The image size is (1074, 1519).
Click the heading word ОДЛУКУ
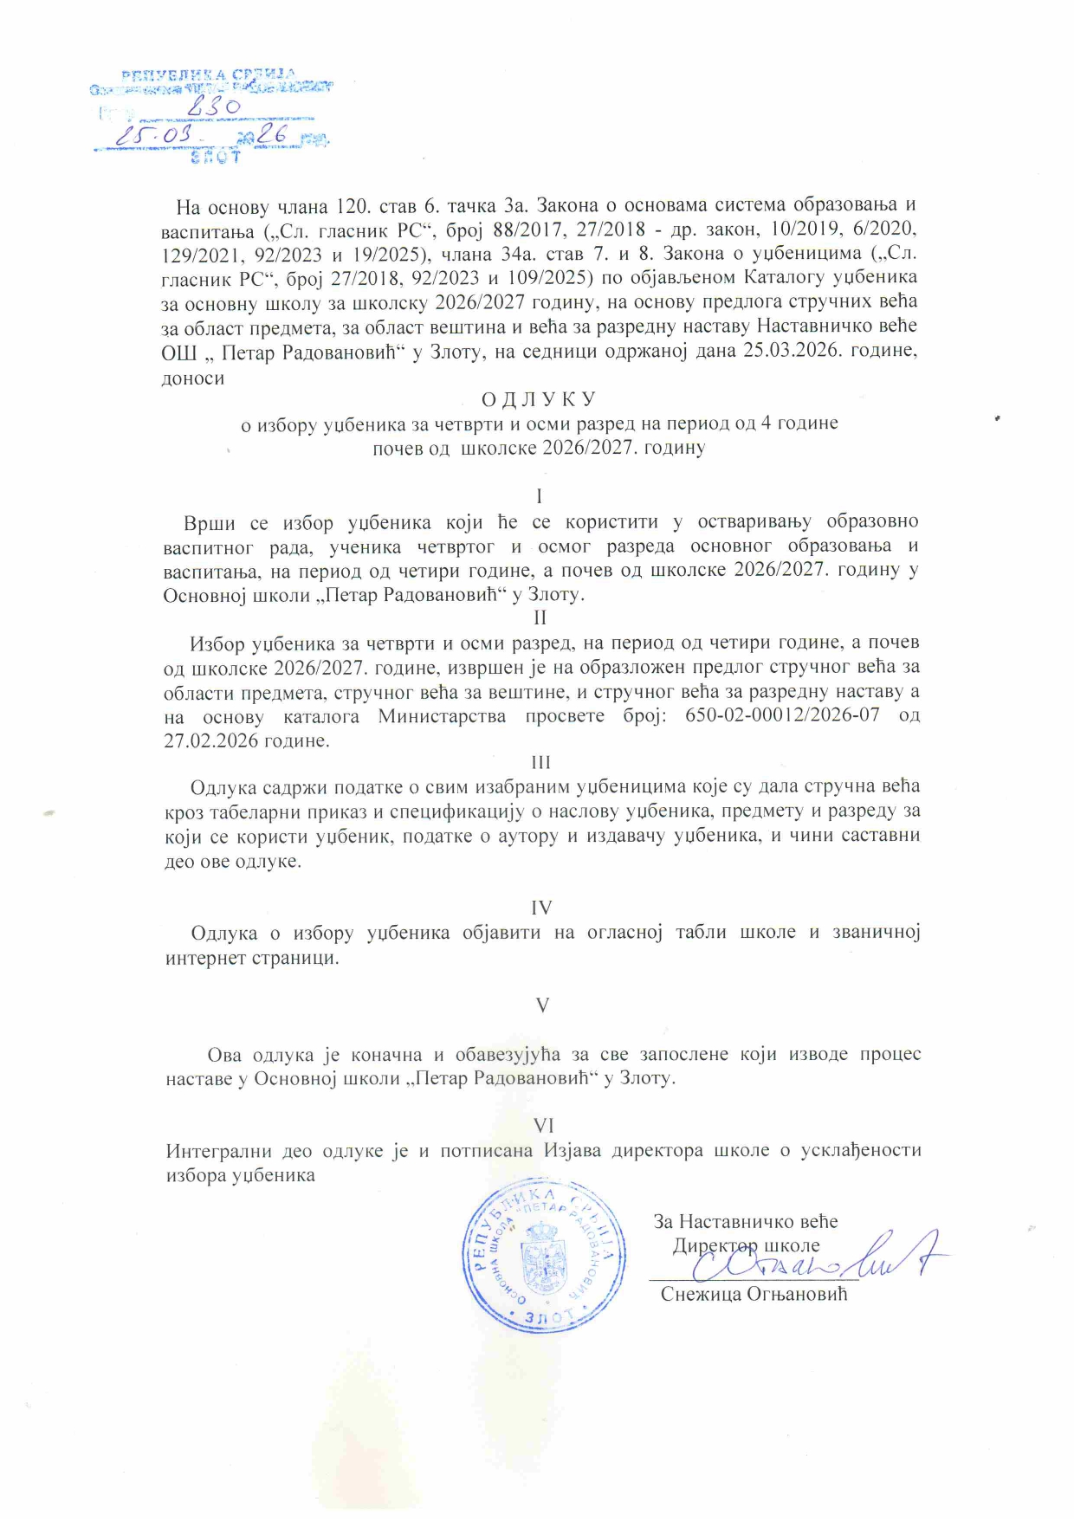point(539,399)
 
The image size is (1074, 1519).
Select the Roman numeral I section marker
point(540,496)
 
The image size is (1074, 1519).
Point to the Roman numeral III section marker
point(540,762)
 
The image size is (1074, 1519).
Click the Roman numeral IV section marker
point(541,908)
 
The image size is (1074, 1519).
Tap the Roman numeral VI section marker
point(543,1126)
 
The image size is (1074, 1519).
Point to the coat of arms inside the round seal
point(543,1256)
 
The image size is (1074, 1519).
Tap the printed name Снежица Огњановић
point(754,1294)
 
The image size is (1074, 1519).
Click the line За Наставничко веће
point(746,1222)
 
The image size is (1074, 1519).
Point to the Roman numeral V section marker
point(542,1005)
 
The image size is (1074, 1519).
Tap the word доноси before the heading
point(192,378)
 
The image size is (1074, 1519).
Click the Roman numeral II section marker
point(540,617)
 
